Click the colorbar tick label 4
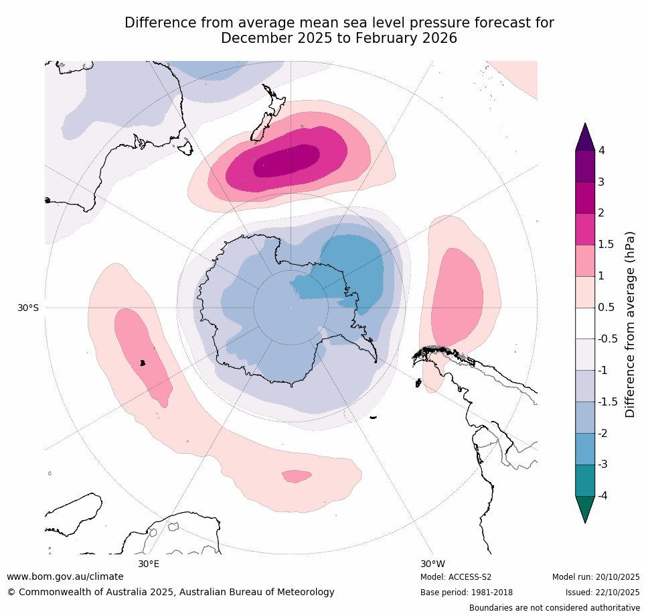click(x=601, y=150)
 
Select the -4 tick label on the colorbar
click(x=602, y=495)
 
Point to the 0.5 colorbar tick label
click(x=605, y=307)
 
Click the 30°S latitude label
click(x=28, y=308)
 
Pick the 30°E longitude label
click(x=149, y=564)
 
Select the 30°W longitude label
click(x=433, y=564)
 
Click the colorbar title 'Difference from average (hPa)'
click(x=629, y=324)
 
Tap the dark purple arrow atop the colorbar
click(x=585, y=137)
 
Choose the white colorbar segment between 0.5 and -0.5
click(x=585, y=323)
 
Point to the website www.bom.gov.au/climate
click(x=65, y=576)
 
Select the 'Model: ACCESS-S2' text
click(x=456, y=577)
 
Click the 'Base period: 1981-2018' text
click(x=467, y=593)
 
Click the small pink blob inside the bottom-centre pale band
click(x=296, y=477)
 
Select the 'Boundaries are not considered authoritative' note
click(x=554, y=608)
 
